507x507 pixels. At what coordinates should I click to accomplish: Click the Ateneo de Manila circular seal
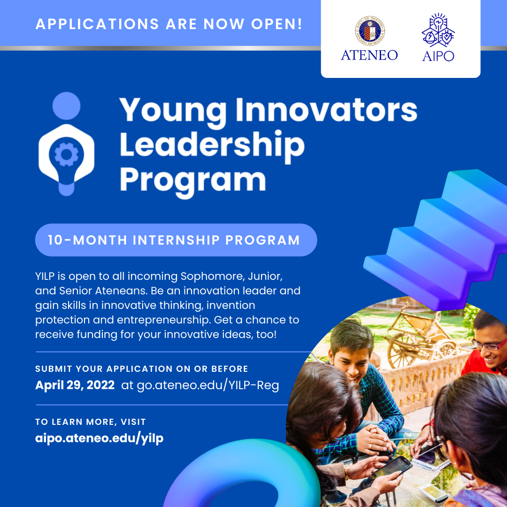[x=369, y=31]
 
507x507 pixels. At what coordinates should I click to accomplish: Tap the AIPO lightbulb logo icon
[x=438, y=30]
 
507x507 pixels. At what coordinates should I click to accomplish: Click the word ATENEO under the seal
[x=369, y=55]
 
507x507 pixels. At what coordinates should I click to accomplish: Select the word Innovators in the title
[x=327, y=110]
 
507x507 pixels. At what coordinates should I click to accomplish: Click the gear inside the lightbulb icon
[x=66, y=154]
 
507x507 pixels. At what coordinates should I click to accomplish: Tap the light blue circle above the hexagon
[x=66, y=106]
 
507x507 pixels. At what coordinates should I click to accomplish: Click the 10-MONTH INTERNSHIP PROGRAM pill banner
[x=176, y=240]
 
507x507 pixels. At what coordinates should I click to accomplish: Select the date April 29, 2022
[x=75, y=385]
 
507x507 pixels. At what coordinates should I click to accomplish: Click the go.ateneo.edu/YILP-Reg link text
[x=207, y=385]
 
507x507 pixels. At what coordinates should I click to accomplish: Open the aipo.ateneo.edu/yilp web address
[x=99, y=438]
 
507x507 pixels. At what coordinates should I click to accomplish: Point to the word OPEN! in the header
[x=277, y=24]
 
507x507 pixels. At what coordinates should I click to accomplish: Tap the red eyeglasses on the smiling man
[x=489, y=345]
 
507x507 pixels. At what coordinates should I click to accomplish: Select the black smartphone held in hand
[x=391, y=468]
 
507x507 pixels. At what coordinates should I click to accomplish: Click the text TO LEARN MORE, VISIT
[x=91, y=422]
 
